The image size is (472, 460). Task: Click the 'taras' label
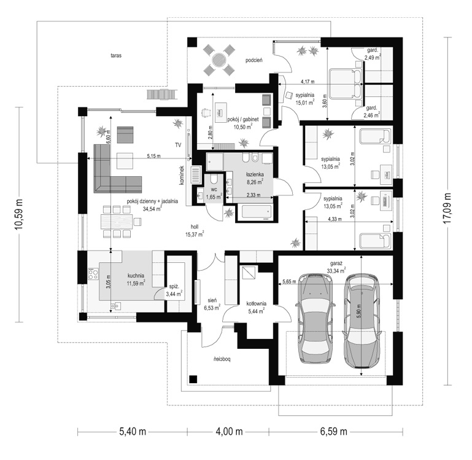(116, 55)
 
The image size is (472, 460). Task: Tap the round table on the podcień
(219, 60)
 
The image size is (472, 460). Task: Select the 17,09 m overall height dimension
(448, 208)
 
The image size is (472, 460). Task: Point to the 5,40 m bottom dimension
(133, 432)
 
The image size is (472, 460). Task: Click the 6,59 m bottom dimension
(333, 432)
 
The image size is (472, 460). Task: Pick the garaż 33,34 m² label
(336, 268)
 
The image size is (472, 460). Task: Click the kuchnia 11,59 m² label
(136, 279)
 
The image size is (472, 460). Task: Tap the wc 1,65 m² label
(214, 194)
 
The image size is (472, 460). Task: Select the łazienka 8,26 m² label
(255, 177)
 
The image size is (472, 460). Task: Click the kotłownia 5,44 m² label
(255, 307)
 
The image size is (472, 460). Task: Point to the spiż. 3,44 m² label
(174, 290)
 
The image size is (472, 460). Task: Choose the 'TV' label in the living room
(178, 145)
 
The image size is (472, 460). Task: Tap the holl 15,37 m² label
(195, 231)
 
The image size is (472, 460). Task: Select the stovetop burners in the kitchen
(93, 273)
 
